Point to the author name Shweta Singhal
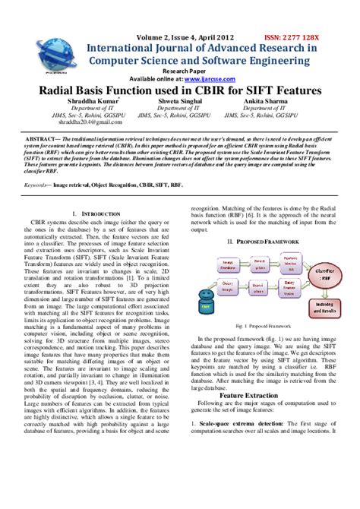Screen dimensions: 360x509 (179, 100)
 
